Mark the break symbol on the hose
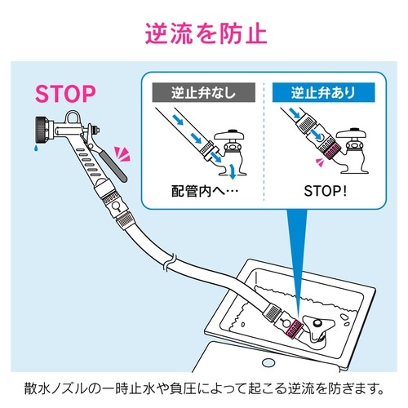pyautogui.click(x=167, y=264)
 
